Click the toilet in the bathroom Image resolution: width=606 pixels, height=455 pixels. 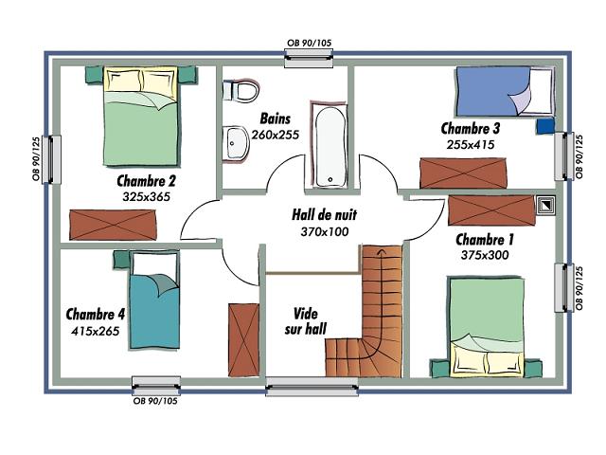tap(241, 91)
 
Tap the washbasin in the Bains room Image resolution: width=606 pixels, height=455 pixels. tap(236, 143)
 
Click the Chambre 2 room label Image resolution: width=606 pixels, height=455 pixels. tap(146, 181)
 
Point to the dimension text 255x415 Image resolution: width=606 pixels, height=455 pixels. tap(471, 145)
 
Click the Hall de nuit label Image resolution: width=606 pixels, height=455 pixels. tap(324, 214)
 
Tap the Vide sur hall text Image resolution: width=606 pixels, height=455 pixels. tap(305, 320)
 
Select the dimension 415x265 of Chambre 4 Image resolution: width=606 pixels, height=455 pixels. tap(95, 331)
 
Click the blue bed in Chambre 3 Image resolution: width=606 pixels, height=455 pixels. tap(505, 92)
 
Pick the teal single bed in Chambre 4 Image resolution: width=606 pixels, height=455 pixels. tap(154, 300)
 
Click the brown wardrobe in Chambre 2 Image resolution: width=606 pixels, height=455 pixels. tap(113, 225)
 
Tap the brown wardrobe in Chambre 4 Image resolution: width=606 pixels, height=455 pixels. tap(243, 339)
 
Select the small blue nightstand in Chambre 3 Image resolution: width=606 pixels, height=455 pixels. tap(545, 126)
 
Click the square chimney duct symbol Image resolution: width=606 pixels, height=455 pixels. tap(545, 205)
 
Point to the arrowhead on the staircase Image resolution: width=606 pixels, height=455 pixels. tap(383, 252)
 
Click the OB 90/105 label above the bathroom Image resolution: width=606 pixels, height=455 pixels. tap(310, 43)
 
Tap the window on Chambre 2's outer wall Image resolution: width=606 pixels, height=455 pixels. tap(53, 159)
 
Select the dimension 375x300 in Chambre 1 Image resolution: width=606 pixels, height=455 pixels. tap(485, 255)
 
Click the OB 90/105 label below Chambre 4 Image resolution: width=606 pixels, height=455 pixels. tap(155, 401)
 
